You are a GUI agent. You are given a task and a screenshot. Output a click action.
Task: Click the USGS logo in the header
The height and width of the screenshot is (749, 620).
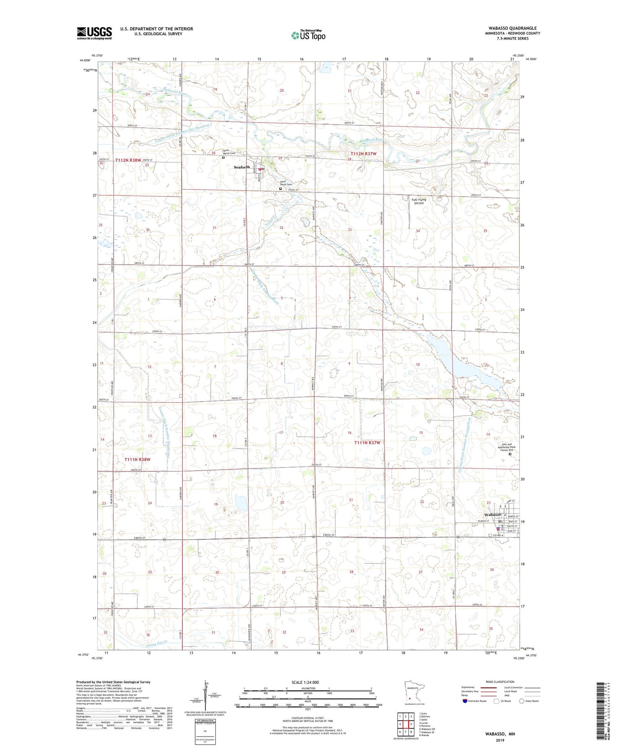click(x=94, y=33)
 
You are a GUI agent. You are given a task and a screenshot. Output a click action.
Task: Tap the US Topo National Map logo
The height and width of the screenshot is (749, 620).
click(x=308, y=35)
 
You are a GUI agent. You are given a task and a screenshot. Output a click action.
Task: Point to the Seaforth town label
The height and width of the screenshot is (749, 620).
click(x=242, y=167)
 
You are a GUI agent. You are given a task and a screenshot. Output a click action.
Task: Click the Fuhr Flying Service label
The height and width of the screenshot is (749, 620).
click(x=419, y=201)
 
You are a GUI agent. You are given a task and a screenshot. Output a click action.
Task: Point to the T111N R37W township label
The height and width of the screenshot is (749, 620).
click(x=367, y=443)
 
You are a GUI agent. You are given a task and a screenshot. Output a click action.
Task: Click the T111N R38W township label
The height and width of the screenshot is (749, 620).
click(x=137, y=459)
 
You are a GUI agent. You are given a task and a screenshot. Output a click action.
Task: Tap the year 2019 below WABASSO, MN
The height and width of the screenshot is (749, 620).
click(x=500, y=740)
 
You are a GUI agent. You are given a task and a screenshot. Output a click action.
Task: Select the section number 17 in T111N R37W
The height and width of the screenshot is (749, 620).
click(x=281, y=432)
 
